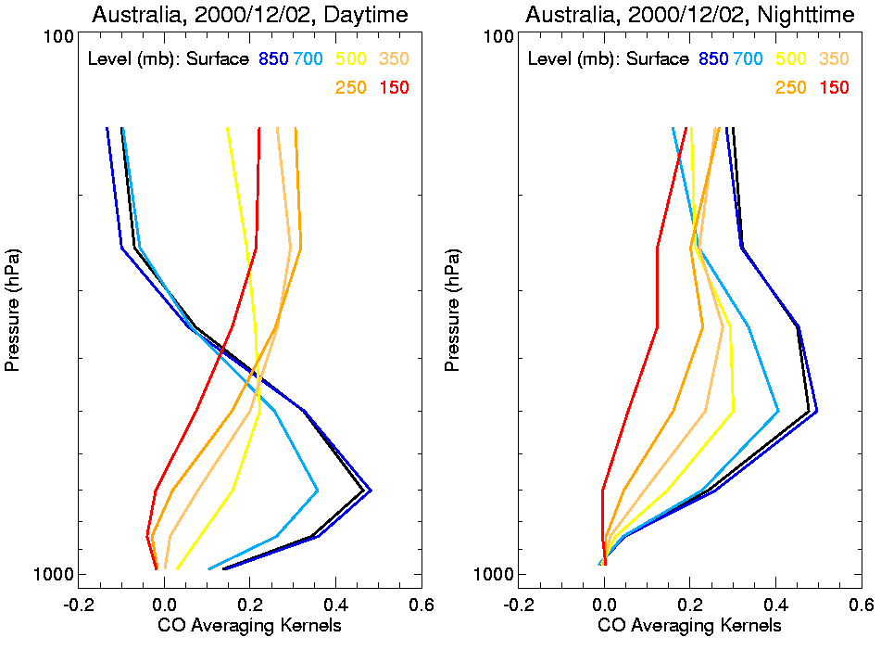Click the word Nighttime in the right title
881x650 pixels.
click(796, 15)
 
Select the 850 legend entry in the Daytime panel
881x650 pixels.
click(273, 59)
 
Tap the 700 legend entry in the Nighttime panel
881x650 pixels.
click(748, 59)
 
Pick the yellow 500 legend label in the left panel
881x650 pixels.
click(351, 59)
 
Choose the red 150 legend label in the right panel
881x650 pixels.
click(835, 88)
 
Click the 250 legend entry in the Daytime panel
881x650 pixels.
click(351, 88)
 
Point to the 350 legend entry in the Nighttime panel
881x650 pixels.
click(835, 59)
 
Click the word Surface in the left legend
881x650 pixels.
click(218, 59)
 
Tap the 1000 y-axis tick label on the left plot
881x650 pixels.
click(54, 575)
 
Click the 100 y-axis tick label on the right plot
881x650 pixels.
click(498, 36)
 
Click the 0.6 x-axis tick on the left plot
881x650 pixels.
click(422, 604)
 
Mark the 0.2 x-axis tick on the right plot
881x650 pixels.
click(689, 604)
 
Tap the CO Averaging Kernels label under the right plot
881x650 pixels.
click(689, 626)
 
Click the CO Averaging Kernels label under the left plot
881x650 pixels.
click(249, 626)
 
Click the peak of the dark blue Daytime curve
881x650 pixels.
click(371, 490)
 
